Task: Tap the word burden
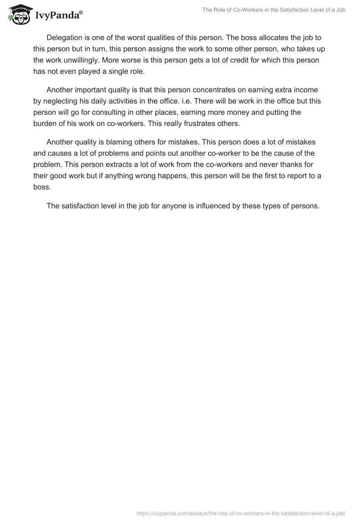tap(44, 123)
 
